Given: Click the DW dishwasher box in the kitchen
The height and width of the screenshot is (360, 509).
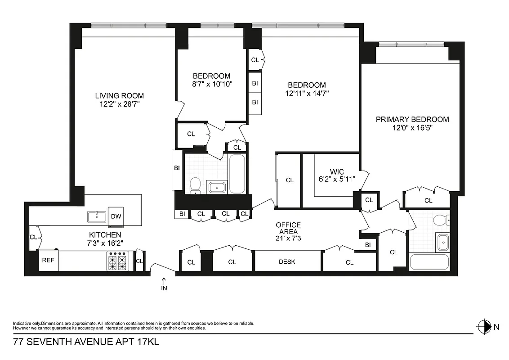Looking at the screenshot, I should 116,216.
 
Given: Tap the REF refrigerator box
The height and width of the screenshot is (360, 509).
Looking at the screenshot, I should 48,261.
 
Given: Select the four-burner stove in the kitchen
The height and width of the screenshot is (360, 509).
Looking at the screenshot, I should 118,261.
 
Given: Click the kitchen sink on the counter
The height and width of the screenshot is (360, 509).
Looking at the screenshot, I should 97,217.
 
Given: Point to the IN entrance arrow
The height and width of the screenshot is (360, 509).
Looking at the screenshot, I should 164,284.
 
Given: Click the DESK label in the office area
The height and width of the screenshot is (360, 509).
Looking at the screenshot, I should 287,261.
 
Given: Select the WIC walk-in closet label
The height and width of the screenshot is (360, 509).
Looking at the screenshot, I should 336,172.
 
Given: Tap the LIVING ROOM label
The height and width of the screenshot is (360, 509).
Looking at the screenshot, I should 119,95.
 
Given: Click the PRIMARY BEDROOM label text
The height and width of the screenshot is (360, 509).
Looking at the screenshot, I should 412,119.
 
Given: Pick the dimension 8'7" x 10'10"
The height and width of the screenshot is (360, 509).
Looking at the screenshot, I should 211,84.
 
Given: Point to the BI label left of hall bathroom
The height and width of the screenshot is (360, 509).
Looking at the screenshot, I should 177,168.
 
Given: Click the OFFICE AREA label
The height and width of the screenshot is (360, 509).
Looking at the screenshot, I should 288,228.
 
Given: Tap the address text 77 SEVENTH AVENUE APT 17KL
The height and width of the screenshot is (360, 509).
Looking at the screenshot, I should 86,342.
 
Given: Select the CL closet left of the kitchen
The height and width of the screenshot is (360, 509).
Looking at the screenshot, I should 33,237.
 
